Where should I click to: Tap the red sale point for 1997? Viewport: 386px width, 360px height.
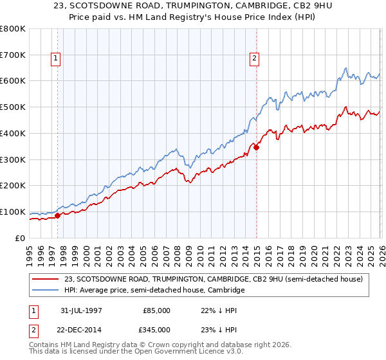[x=58, y=215]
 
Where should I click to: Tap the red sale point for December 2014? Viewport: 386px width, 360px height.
[x=257, y=147]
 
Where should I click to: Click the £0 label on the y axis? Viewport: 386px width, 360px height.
[x=19, y=238]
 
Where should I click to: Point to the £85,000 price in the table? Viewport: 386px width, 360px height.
[x=156, y=310]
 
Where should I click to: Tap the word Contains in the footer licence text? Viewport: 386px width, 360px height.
[x=45, y=346]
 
